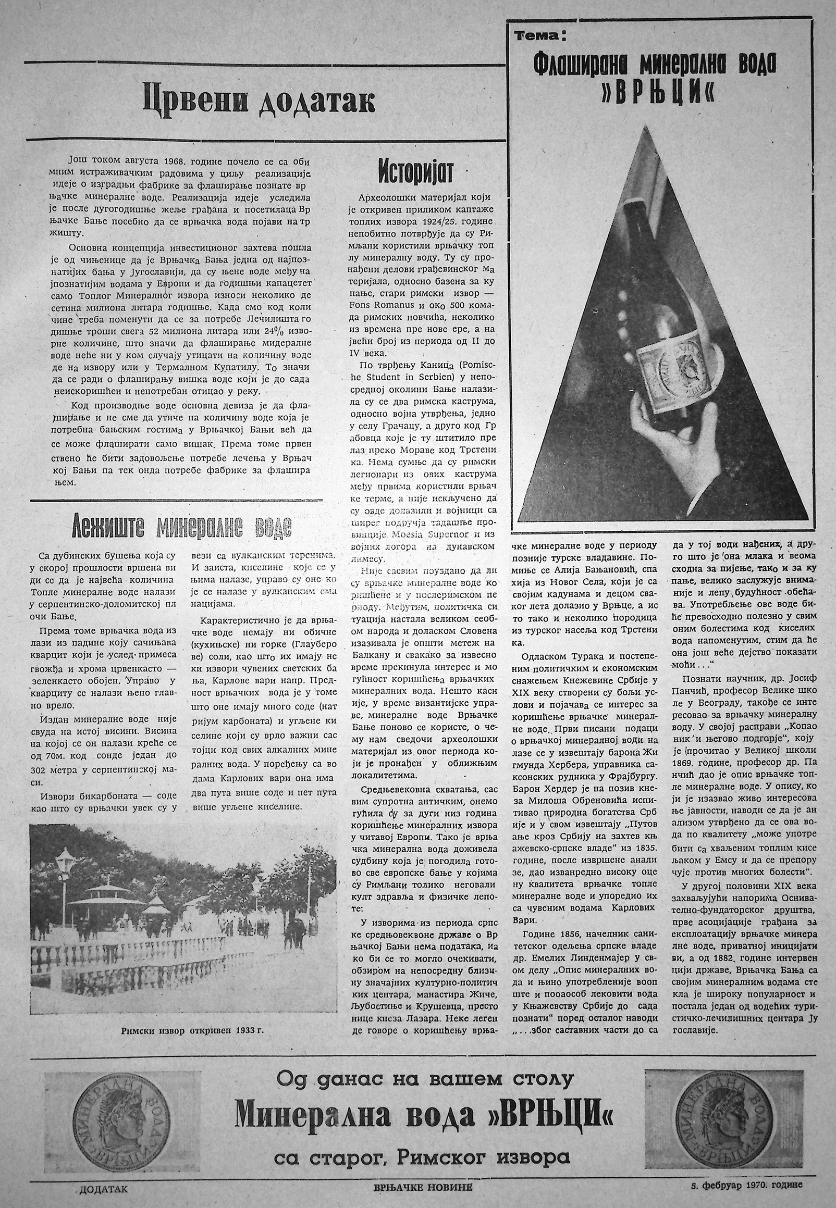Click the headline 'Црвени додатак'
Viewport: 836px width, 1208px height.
(259, 102)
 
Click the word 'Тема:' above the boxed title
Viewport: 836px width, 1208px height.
(539, 36)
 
